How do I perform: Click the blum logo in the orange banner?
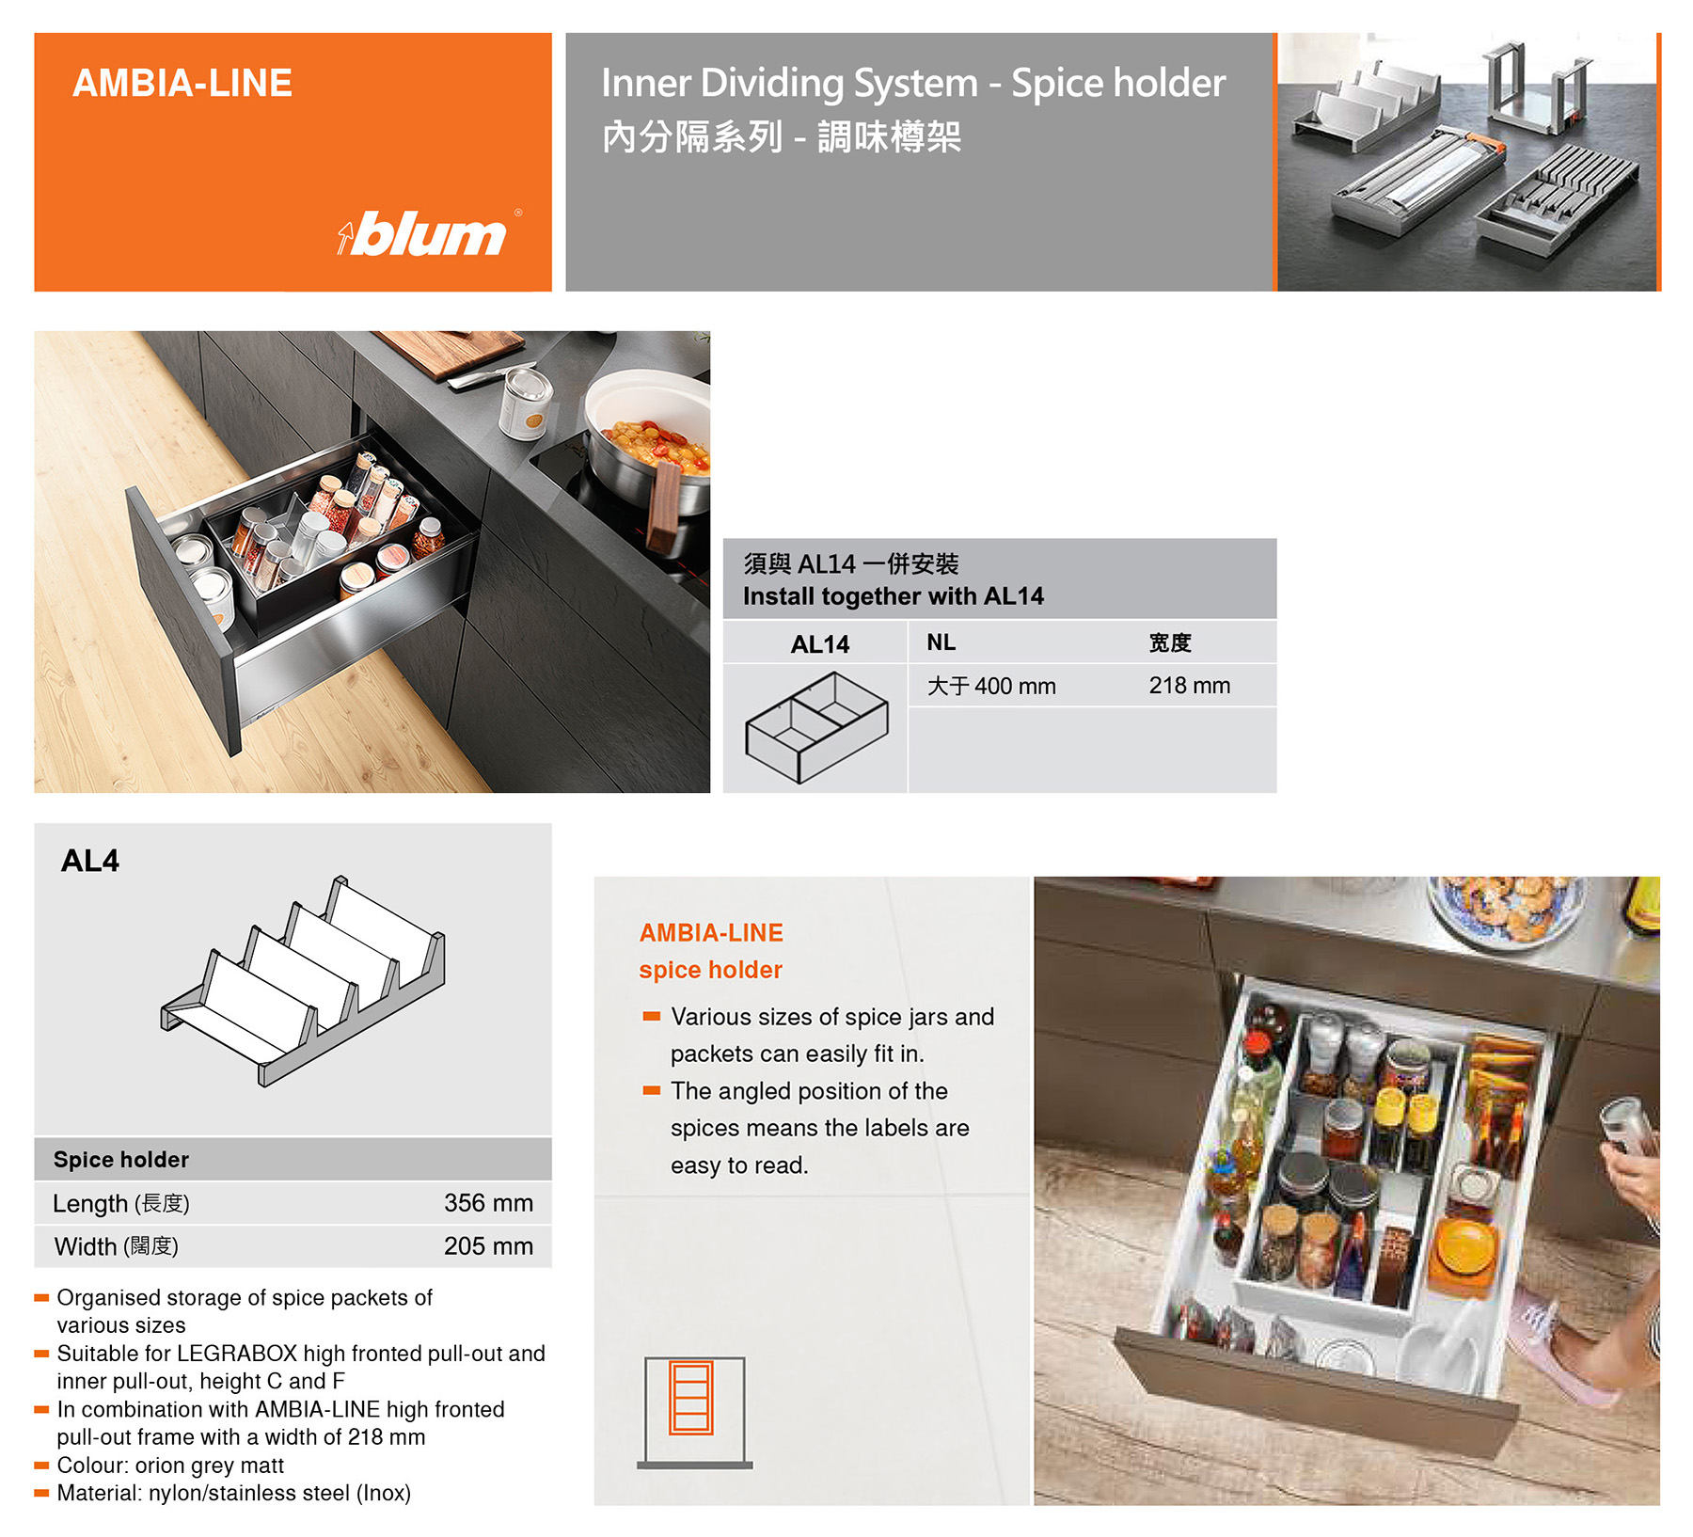pos(429,233)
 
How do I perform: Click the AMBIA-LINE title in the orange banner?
pos(182,84)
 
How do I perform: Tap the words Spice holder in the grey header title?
pos(1118,83)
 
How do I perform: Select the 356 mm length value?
pos(488,1203)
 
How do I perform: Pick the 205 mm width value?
pos(488,1246)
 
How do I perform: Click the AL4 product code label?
pos(90,861)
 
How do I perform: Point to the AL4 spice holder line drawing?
pos(303,981)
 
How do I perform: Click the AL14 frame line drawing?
pos(816,727)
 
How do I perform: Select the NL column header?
pos(941,642)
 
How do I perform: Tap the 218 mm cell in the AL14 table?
pos(1189,686)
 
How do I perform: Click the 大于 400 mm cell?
pos(991,686)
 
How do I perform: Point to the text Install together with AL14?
pos(894,596)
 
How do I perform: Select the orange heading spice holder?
pos(710,970)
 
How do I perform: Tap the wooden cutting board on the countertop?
pos(455,352)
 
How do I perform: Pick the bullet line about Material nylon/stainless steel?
pos(223,1493)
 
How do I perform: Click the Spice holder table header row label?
pos(121,1160)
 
